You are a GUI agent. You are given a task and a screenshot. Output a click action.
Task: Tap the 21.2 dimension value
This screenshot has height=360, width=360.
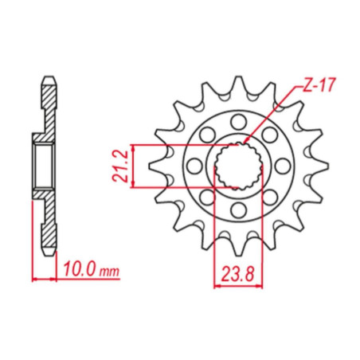point(119,166)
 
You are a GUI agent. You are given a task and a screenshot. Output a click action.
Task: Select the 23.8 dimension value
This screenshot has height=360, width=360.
point(238,274)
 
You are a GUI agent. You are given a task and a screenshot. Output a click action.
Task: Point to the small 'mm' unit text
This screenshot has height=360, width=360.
point(109,272)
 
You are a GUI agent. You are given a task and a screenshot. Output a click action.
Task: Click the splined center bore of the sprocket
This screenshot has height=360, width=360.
point(238,166)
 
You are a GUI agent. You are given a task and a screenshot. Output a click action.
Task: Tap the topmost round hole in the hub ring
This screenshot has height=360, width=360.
point(238,122)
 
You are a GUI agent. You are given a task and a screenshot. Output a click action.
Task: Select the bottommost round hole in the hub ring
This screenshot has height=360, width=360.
point(238,210)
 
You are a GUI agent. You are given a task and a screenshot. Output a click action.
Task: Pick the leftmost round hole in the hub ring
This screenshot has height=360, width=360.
point(194,166)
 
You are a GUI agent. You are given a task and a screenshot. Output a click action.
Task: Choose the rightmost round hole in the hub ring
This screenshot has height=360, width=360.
point(282,166)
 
